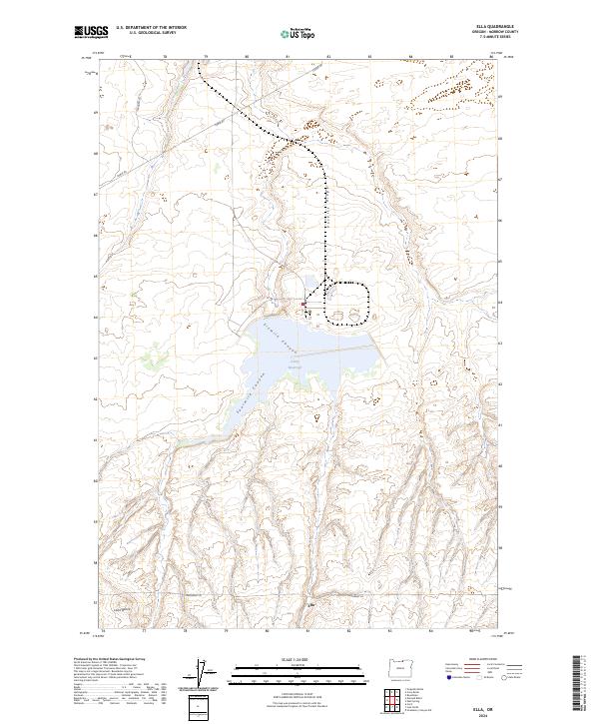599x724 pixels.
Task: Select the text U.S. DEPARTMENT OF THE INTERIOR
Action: (152, 28)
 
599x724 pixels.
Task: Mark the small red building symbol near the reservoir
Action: (304, 302)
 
